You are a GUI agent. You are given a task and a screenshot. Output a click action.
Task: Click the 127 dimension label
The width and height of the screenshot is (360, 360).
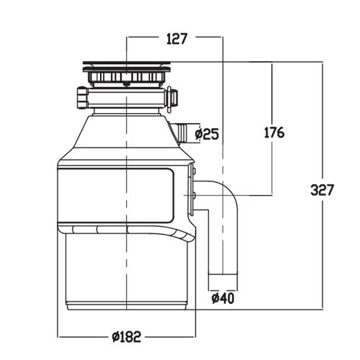point(176,39)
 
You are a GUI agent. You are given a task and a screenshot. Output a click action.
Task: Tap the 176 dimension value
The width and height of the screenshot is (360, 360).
point(274,132)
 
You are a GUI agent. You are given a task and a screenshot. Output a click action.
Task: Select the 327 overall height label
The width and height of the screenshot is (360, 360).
point(322,190)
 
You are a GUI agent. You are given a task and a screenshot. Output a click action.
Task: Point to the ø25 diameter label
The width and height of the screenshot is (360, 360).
point(207,134)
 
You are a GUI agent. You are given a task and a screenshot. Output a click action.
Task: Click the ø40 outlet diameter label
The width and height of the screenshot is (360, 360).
point(222,298)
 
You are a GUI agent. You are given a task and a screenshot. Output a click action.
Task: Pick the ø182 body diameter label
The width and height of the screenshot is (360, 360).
point(127,337)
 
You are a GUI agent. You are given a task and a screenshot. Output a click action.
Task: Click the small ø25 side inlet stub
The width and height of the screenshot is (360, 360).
point(181,132)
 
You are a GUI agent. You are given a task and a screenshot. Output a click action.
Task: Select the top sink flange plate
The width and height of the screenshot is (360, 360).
point(127,63)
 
